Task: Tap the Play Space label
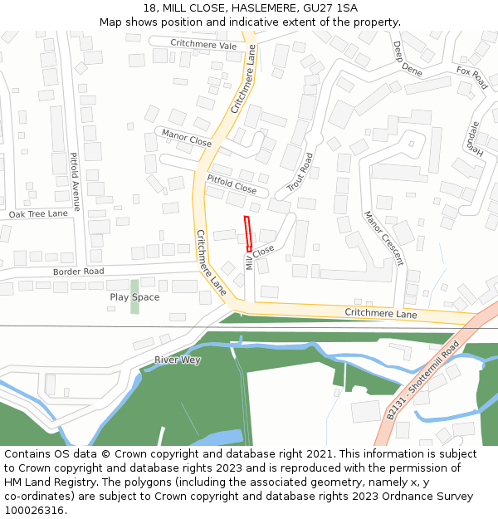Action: [x=134, y=297]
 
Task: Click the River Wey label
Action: [x=177, y=360]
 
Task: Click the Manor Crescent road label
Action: [x=383, y=237]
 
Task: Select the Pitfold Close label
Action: [x=232, y=184]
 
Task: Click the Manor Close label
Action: [x=187, y=137]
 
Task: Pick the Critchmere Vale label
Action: [x=203, y=45]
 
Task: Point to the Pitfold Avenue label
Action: [x=75, y=181]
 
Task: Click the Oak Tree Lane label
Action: [x=38, y=213]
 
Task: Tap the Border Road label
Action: [x=78, y=272]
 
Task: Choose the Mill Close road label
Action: [x=258, y=257]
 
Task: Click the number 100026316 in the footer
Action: [x=36, y=510]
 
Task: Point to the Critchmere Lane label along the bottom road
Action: [x=381, y=314]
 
